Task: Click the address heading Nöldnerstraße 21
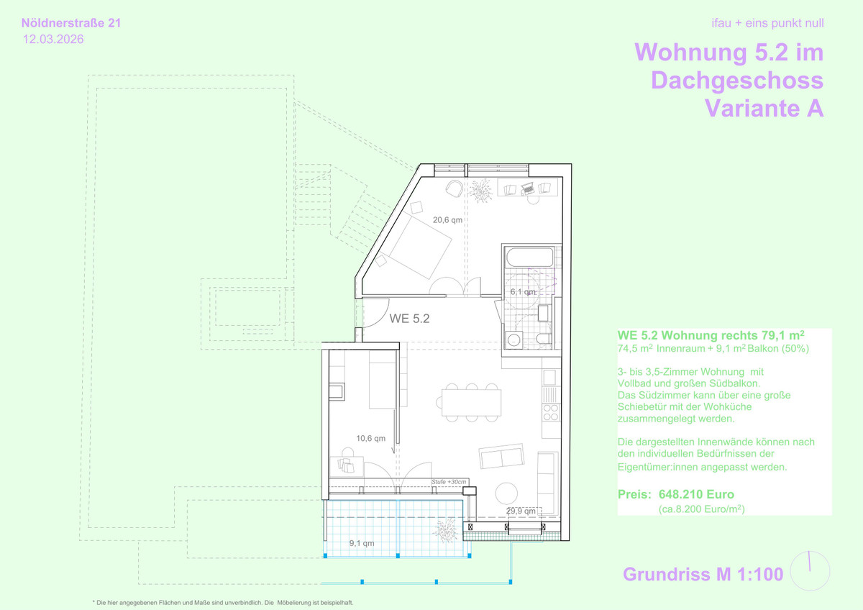pyautogui.click(x=71, y=23)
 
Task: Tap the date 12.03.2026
pyautogui.click(x=53, y=40)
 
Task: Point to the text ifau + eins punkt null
pyautogui.click(x=767, y=23)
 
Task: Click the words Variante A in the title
pyautogui.click(x=764, y=109)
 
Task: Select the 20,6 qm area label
pyautogui.click(x=447, y=220)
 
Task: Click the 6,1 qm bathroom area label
pyautogui.click(x=523, y=292)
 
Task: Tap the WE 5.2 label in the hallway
pyautogui.click(x=409, y=318)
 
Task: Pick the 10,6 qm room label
pyautogui.click(x=370, y=438)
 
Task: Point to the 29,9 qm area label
pyautogui.click(x=521, y=511)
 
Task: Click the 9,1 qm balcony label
pyautogui.click(x=361, y=543)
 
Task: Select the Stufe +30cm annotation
pyautogui.click(x=449, y=482)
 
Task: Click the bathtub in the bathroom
pyautogui.click(x=530, y=257)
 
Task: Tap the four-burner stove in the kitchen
pyautogui.click(x=551, y=412)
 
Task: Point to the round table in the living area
pyautogui.click(x=506, y=493)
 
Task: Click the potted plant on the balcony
pyautogui.click(x=447, y=530)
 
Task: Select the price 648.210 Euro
pyautogui.click(x=696, y=494)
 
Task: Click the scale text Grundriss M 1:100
pyautogui.click(x=703, y=574)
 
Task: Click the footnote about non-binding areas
pyautogui.click(x=223, y=603)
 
